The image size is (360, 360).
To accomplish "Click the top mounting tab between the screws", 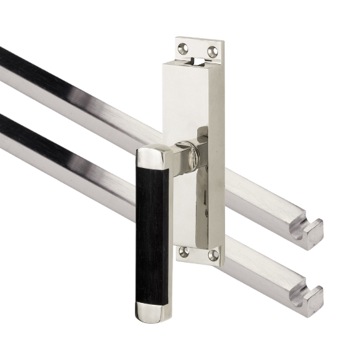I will tap(198, 47).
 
